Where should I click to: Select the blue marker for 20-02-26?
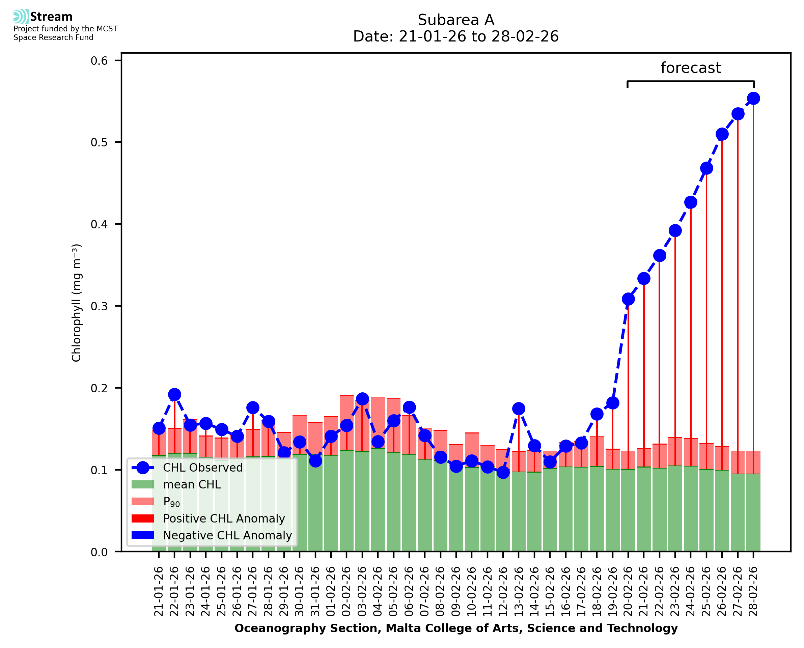(628, 299)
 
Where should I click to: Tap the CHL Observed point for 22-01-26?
(174, 395)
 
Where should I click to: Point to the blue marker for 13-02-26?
(519, 409)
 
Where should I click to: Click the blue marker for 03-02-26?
(362, 399)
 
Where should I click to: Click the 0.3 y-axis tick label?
(99, 306)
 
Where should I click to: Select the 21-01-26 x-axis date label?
(159, 591)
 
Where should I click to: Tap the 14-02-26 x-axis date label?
(534, 591)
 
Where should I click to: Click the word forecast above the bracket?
(691, 68)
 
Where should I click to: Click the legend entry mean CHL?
(192, 484)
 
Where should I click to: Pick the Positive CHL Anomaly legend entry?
(224, 518)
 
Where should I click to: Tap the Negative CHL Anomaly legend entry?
(227, 535)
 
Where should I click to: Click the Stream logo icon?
(21, 17)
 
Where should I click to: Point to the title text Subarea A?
(456, 20)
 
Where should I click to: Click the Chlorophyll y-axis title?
(76, 303)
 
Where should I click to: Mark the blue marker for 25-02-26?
(706, 168)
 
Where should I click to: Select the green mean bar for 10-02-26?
(472, 509)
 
